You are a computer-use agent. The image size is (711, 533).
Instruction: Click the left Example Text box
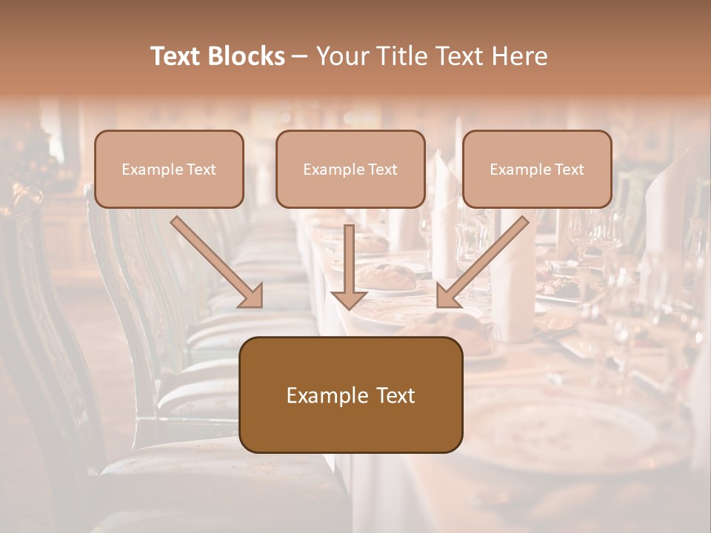(x=169, y=169)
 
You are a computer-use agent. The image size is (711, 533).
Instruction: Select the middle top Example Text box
(x=350, y=169)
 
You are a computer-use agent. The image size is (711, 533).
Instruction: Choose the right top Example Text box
(x=537, y=169)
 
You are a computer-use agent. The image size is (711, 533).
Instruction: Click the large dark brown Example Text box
(x=351, y=395)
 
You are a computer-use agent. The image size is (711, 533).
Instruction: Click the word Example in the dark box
(x=324, y=395)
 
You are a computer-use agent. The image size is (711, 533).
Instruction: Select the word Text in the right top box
(x=569, y=170)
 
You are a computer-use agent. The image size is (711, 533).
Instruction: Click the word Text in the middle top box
(x=382, y=170)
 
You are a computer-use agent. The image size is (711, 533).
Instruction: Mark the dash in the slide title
(x=301, y=56)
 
